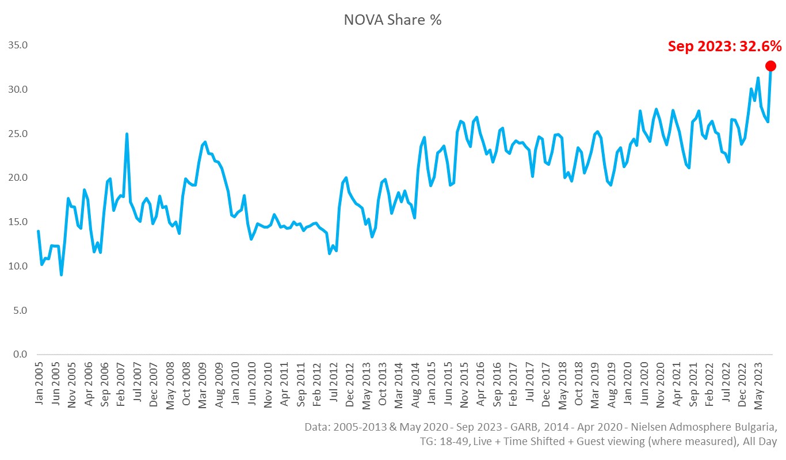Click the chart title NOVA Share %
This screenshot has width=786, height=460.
392,20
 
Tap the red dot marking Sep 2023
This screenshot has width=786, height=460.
770,66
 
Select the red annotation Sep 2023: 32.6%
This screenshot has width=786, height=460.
724,46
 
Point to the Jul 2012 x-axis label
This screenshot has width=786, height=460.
333,384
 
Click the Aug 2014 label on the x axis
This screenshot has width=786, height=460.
415,384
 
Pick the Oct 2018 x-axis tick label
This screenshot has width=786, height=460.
578,384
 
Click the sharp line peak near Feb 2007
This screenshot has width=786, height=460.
127,134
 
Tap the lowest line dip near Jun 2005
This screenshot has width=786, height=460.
61,275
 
